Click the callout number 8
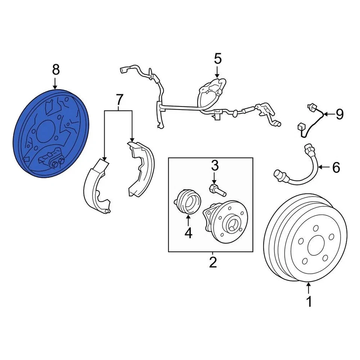[55, 69]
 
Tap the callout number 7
[118, 100]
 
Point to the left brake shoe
[97, 186]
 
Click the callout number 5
[218, 59]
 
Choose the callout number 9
[339, 114]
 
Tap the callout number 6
[336, 167]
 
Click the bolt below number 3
[217, 189]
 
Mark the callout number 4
[188, 233]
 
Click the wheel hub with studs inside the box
[227, 221]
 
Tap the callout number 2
[213, 262]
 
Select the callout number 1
[309, 301]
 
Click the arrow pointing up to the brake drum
[309, 288]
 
